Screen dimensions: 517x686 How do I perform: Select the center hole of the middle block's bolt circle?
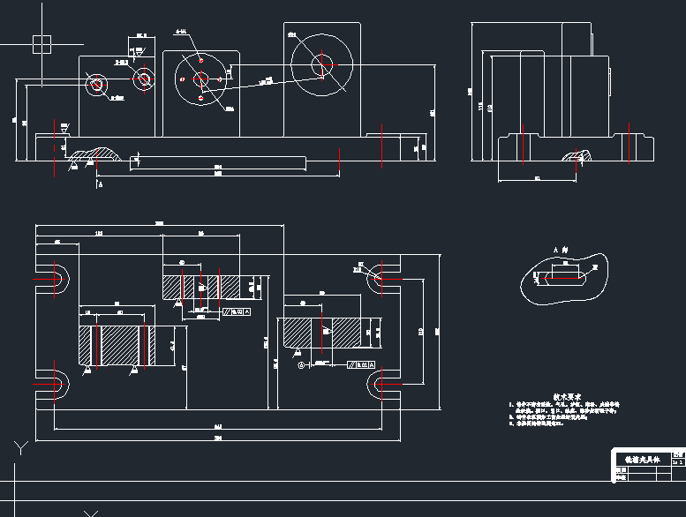[200, 79]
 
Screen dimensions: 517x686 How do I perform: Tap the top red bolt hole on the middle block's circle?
[201, 61]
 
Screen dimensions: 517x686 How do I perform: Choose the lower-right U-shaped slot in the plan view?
[381, 384]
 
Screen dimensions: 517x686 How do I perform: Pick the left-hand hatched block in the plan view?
[116, 345]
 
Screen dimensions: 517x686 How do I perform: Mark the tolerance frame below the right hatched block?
[361, 363]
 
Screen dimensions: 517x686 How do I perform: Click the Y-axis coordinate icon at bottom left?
[19, 446]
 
